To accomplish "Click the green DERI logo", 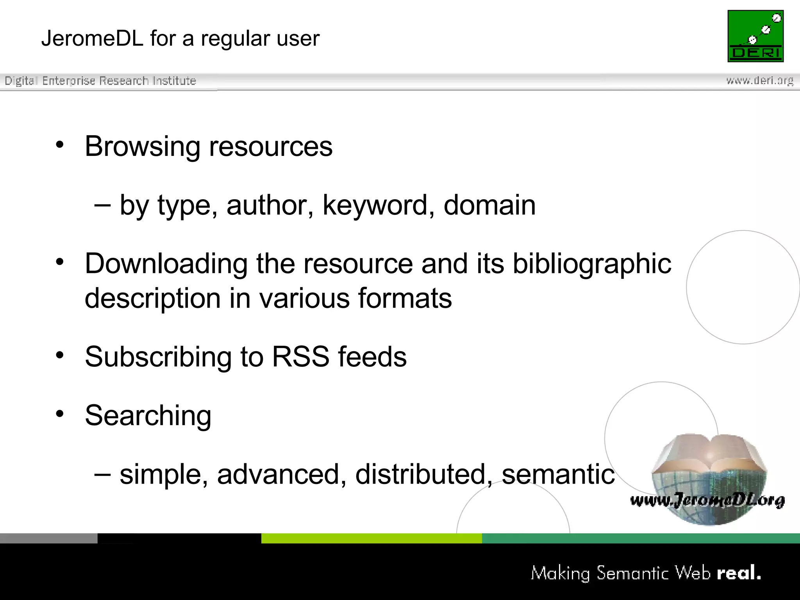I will coord(755,36).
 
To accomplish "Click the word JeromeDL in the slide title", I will coord(92,39).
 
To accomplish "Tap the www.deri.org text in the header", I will coord(760,81).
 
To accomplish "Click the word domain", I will coord(489,205).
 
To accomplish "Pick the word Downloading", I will coord(166,264).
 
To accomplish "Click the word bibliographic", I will coord(592,264).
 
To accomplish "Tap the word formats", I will coord(405,298).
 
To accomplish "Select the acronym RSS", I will coord(300,357).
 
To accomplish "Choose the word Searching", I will coord(148,416).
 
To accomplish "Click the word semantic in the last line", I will coord(558,474).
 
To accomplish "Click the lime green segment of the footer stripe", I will coord(371,538).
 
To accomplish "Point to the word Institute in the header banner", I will coord(174,81).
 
